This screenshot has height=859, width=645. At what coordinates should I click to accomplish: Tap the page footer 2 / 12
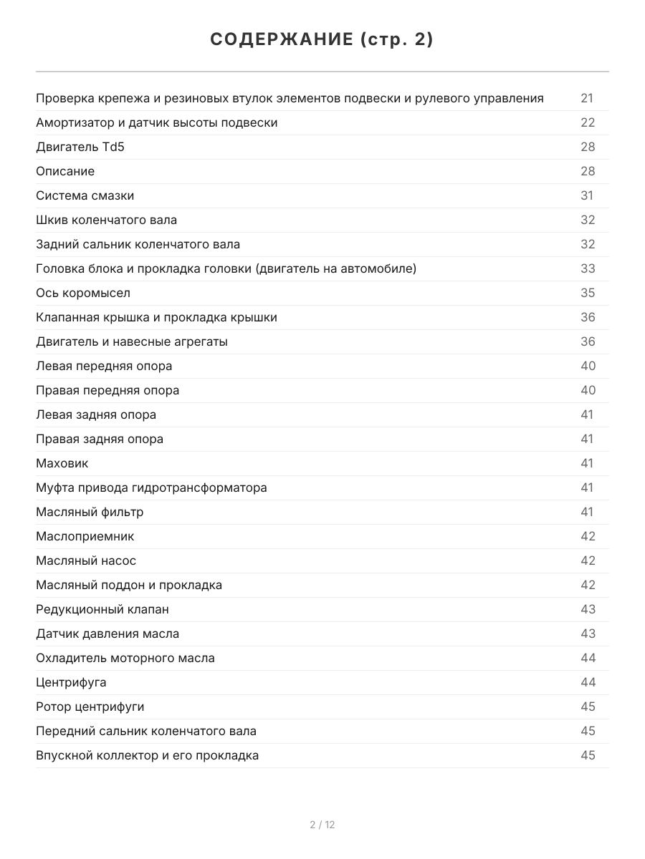tap(322, 825)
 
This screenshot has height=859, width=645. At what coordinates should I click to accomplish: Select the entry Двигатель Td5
tap(75, 147)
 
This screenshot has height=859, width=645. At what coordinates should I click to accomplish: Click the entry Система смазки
tap(85, 195)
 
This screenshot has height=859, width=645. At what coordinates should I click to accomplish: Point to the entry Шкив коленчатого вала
tap(106, 220)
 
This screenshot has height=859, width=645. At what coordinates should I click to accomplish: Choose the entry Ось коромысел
tap(83, 293)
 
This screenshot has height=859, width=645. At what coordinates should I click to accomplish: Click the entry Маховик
tap(62, 463)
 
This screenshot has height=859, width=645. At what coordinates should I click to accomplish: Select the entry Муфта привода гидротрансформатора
tap(151, 487)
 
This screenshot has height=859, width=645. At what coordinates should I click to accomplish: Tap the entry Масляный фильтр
tap(90, 512)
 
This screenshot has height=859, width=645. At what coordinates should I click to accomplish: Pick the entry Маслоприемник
tap(85, 536)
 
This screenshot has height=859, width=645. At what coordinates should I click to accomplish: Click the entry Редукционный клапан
tap(102, 609)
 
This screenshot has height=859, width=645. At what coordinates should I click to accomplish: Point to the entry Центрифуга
tap(71, 682)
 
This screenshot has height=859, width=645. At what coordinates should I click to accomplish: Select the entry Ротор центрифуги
tap(90, 707)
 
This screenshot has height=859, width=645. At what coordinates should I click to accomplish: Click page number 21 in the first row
tap(587, 98)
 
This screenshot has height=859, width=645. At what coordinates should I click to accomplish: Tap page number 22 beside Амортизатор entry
tap(588, 122)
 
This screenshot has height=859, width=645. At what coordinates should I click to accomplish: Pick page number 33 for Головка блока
tap(588, 268)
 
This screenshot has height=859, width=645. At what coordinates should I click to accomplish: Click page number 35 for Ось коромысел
tap(588, 293)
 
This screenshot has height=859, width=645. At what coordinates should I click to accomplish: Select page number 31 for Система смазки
tap(587, 195)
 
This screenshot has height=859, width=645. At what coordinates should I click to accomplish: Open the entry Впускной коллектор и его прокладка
tap(147, 755)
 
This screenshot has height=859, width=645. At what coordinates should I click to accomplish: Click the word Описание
tap(65, 171)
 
